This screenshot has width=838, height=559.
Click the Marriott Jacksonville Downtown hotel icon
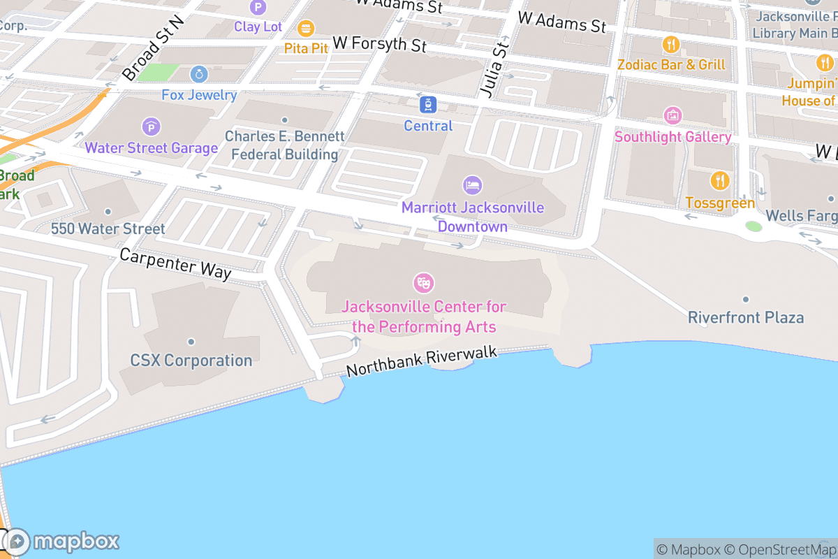click(473, 185)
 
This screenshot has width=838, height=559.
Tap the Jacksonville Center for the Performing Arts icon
click(424, 283)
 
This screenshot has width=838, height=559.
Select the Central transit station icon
click(428, 106)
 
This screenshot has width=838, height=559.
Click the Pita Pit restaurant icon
click(306, 29)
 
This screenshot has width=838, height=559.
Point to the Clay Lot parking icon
click(258, 8)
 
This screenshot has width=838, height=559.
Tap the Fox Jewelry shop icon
click(199, 73)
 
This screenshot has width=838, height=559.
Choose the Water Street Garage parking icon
click(151, 126)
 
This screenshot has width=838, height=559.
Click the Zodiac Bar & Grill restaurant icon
click(671, 45)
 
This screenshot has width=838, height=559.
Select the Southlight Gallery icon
click(673, 115)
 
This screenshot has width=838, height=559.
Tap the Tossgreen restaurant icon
click(720, 181)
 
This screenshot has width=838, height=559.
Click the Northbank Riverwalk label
click(422, 361)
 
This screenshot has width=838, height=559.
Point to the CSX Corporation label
click(191, 361)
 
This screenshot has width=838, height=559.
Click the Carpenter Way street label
click(175, 263)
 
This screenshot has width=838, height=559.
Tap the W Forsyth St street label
click(379, 44)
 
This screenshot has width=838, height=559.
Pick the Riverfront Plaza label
click(746, 318)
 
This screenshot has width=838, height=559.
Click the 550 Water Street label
click(108, 228)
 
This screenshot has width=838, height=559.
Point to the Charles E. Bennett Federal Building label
click(284, 145)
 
